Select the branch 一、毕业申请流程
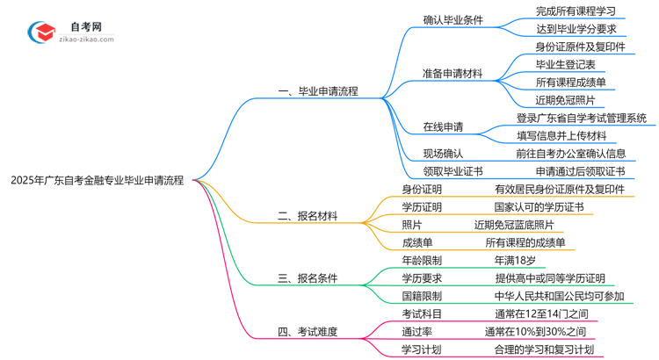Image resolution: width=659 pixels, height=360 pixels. pyautogui.click(x=317, y=91)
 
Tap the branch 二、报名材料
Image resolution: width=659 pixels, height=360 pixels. pyautogui.click(x=308, y=215)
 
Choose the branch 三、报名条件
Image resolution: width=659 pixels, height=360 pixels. pyautogui.click(x=308, y=278)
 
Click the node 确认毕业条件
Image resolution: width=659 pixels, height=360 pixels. pyautogui.click(x=453, y=19)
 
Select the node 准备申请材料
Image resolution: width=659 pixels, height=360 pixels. pyautogui.click(x=453, y=74)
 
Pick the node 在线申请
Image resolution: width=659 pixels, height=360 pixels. pyautogui.click(x=444, y=127)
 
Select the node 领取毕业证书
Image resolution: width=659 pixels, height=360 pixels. pyautogui.click(x=453, y=171)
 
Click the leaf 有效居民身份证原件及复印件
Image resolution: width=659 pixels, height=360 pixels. pyautogui.click(x=560, y=189)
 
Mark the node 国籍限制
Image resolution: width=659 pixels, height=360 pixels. pyautogui.click(x=422, y=297)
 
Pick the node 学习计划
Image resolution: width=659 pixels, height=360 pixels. pyautogui.click(x=422, y=350)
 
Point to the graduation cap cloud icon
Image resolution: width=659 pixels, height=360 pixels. pyautogui.click(x=41, y=32)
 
